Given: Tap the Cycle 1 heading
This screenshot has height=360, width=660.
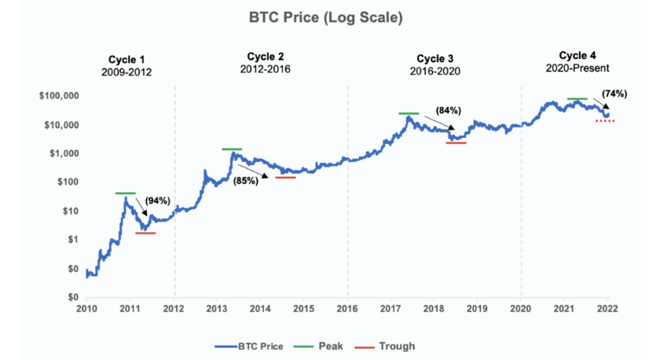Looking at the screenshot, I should (126, 59).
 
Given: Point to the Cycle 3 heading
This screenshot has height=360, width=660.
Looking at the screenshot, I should (434, 59).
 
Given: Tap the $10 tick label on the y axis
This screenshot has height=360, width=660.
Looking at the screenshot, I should (69, 211).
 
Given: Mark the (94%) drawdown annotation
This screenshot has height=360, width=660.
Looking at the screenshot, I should (157, 201).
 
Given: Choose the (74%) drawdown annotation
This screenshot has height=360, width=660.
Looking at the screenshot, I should (614, 94).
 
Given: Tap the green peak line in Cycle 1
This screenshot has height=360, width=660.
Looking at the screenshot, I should (125, 193).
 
